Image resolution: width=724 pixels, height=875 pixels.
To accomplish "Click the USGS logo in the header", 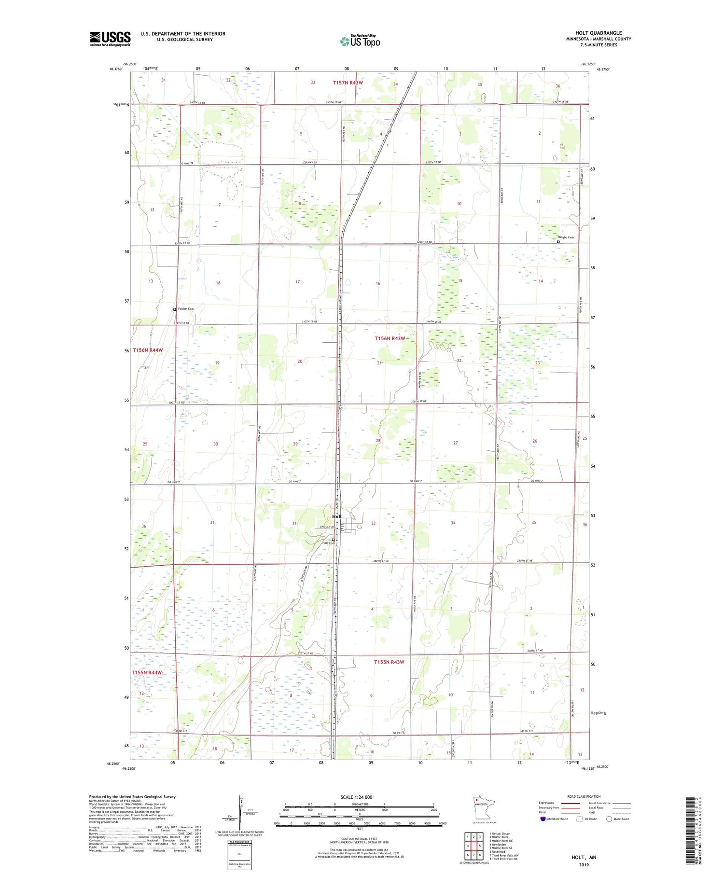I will (x=110, y=39).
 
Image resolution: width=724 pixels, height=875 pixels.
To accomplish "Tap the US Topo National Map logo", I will (x=360, y=41).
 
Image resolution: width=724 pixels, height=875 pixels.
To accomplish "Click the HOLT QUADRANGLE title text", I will (x=598, y=33).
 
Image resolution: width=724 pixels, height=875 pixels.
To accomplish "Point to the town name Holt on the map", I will (x=336, y=516).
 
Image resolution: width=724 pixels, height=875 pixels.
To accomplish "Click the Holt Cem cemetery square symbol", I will (x=333, y=540).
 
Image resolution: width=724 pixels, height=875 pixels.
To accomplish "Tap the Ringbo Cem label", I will (x=566, y=237).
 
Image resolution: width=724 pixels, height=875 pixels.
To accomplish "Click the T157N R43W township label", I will (x=348, y=83).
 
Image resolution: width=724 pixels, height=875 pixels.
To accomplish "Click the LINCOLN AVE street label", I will (x=327, y=527).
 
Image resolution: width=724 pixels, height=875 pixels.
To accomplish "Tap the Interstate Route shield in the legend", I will (x=543, y=819).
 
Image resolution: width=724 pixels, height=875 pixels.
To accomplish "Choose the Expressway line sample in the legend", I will (x=572, y=803).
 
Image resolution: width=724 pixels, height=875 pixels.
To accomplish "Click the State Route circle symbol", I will (x=609, y=819).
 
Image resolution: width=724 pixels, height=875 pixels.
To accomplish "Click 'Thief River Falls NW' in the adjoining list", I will (x=504, y=855).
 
